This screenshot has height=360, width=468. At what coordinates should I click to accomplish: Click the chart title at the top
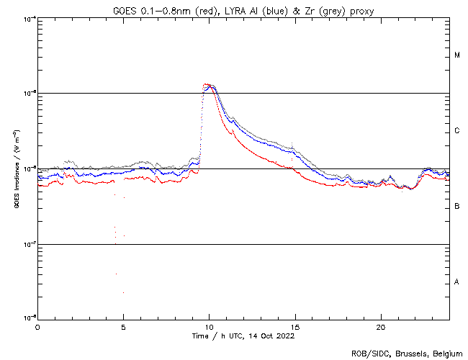243,10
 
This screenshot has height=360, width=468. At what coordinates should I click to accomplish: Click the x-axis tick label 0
37,325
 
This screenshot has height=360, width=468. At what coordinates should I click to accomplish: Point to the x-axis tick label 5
123,325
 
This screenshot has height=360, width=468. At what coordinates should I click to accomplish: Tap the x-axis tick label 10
209,325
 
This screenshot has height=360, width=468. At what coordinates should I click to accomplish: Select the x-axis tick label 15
294,325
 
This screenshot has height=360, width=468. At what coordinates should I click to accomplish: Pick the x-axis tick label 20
380,325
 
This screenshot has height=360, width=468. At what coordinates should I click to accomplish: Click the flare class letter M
457,55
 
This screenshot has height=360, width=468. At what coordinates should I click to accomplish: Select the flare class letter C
457,131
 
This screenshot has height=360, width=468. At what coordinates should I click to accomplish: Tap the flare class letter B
457,207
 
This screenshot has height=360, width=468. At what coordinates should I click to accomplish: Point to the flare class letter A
457,282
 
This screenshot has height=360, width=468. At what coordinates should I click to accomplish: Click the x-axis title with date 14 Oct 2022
243,335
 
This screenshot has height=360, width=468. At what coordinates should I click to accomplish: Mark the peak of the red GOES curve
207,84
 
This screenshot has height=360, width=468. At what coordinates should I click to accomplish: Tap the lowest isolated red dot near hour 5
123,292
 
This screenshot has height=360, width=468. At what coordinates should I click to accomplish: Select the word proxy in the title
359,10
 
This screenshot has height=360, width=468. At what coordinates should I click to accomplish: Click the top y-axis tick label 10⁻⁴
29,18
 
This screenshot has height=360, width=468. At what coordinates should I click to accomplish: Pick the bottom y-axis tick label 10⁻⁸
29,318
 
